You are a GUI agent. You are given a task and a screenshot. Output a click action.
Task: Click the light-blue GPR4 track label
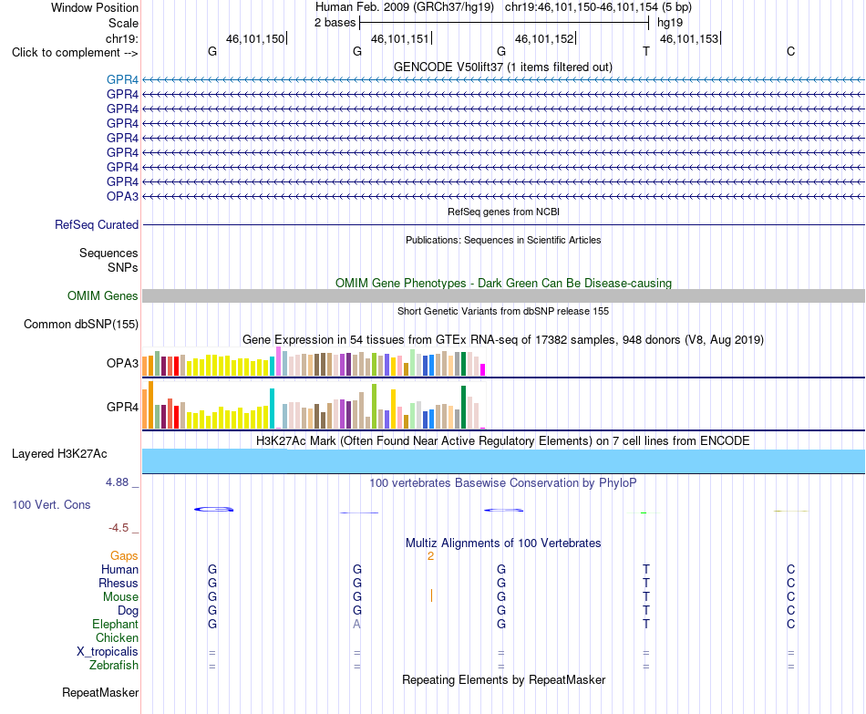point(122,79)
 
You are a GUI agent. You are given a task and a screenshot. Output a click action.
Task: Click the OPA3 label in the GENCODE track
point(122,196)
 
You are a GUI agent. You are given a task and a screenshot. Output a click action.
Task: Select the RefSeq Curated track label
point(97,225)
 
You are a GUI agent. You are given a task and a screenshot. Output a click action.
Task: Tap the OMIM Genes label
point(102,295)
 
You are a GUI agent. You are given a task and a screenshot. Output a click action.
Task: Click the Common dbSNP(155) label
point(80,325)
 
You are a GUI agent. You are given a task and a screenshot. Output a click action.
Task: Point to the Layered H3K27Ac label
point(59,454)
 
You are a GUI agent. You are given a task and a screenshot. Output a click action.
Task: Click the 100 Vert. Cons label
point(51,504)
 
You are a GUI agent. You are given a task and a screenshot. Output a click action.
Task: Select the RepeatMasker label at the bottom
point(100,692)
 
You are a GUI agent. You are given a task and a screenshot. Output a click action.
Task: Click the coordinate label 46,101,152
point(544,38)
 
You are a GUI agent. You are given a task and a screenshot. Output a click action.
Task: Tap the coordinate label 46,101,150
point(255,38)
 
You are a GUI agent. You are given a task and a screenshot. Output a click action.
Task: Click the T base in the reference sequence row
point(646,51)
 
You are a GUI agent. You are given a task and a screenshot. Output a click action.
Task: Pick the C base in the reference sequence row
point(791,51)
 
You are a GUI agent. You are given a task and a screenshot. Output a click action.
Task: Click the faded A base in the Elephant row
point(356,624)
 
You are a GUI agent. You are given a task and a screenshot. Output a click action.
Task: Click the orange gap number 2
point(430,556)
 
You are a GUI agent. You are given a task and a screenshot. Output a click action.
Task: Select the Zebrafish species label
point(114,665)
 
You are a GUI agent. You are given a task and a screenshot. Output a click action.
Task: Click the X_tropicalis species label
point(108,652)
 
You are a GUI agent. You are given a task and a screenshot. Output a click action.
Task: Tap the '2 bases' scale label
point(335,23)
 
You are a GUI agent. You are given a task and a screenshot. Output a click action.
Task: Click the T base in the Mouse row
point(646,597)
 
